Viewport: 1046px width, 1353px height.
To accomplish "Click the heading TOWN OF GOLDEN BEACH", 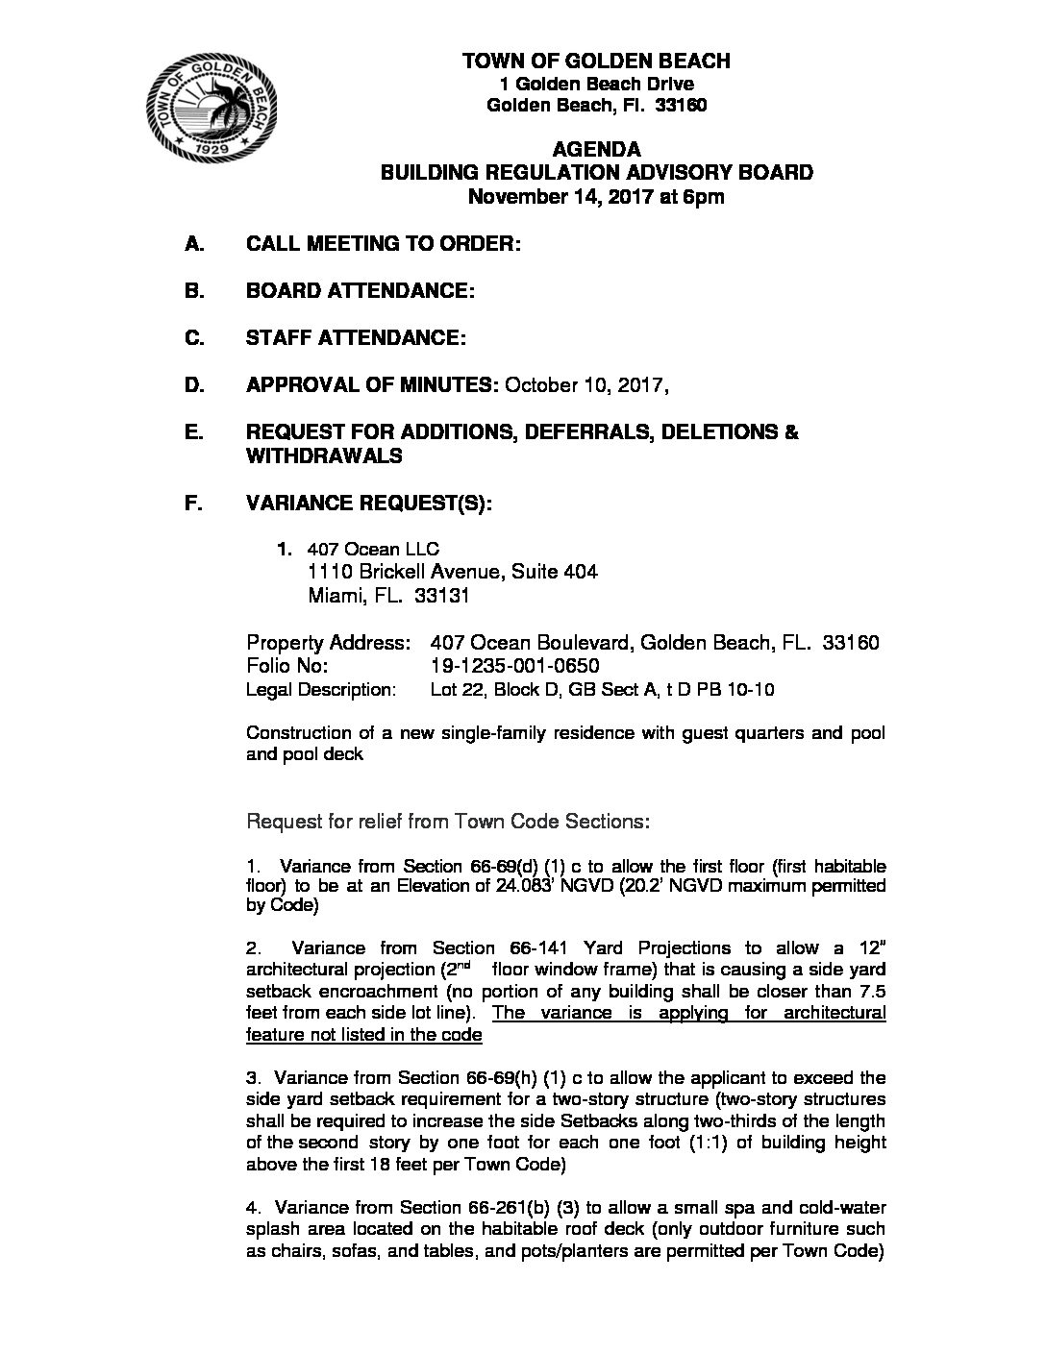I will [x=596, y=61].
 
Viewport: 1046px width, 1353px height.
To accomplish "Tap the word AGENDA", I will [x=597, y=149].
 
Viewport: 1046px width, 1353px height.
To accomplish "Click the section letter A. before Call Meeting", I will [x=195, y=244].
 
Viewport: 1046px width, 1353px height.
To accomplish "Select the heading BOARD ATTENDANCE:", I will [x=361, y=291].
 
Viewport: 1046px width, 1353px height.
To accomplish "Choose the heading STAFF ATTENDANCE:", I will [x=357, y=338].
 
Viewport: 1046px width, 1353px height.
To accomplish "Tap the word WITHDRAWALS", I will [x=324, y=456].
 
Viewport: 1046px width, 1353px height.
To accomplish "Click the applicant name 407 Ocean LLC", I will [x=373, y=550].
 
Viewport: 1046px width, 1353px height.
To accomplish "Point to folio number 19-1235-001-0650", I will [x=516, y=666].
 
